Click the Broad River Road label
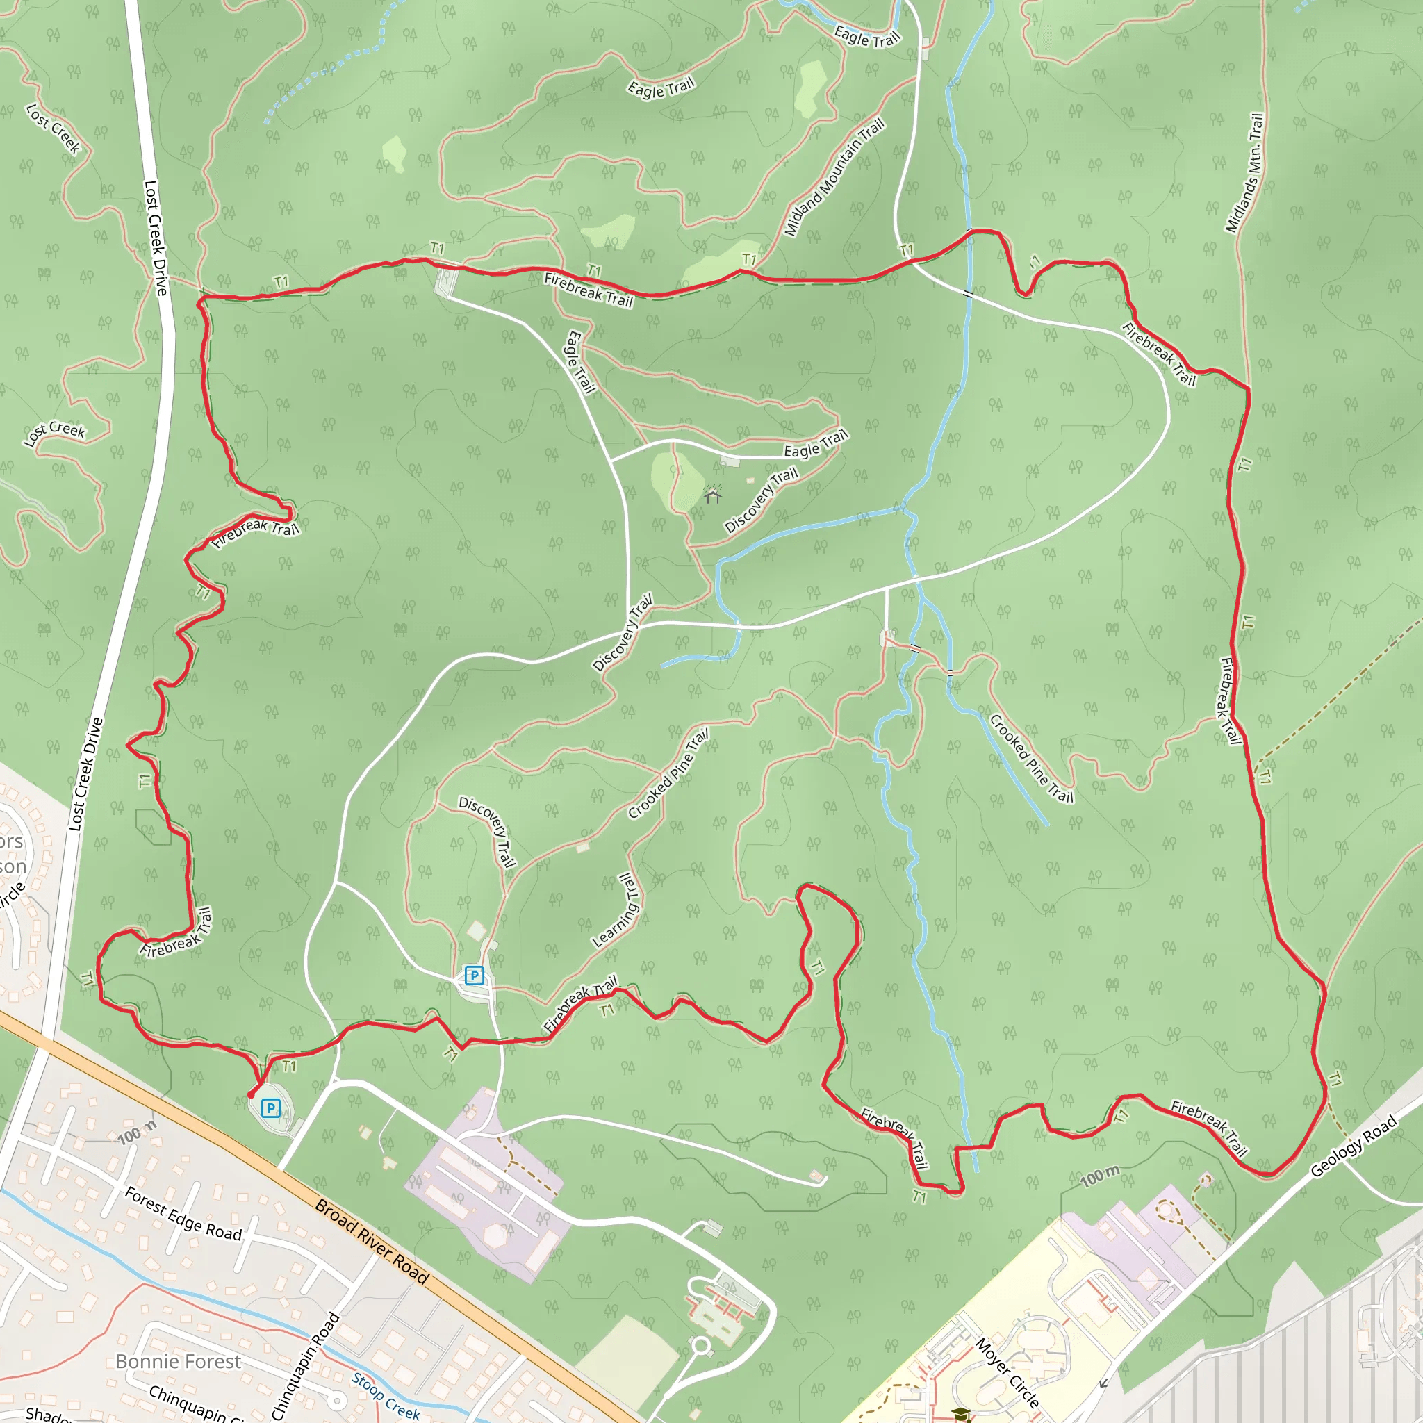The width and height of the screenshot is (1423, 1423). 372,1242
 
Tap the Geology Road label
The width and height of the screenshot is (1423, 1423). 1354,1146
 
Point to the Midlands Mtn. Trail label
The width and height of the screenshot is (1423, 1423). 1244,172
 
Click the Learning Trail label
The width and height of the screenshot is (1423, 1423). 618,910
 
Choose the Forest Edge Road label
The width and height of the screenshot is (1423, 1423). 183,1213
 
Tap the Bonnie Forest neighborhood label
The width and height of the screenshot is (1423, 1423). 179,1361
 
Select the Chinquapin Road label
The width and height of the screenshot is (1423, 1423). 306,1365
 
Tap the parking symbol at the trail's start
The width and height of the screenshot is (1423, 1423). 271,1108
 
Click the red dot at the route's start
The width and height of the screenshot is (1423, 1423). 251,1095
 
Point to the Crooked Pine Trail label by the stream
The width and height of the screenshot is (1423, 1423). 1031,758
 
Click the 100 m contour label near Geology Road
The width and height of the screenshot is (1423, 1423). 1100,1176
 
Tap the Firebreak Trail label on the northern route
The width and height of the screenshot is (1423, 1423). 589,290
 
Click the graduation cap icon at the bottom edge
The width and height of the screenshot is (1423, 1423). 960,1414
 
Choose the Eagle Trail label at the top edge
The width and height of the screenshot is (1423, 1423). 867,36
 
